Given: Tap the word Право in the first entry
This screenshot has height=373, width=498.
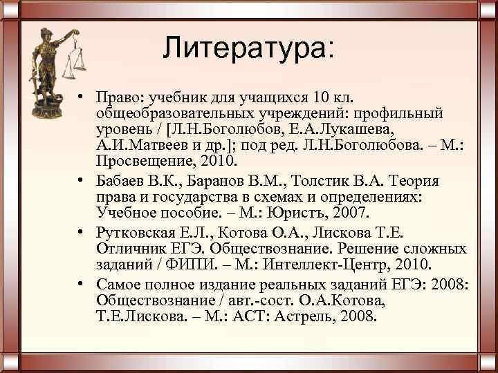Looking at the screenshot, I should [x=115, y=97].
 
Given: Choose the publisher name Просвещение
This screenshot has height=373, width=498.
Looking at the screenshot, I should [x=143, y=162].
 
